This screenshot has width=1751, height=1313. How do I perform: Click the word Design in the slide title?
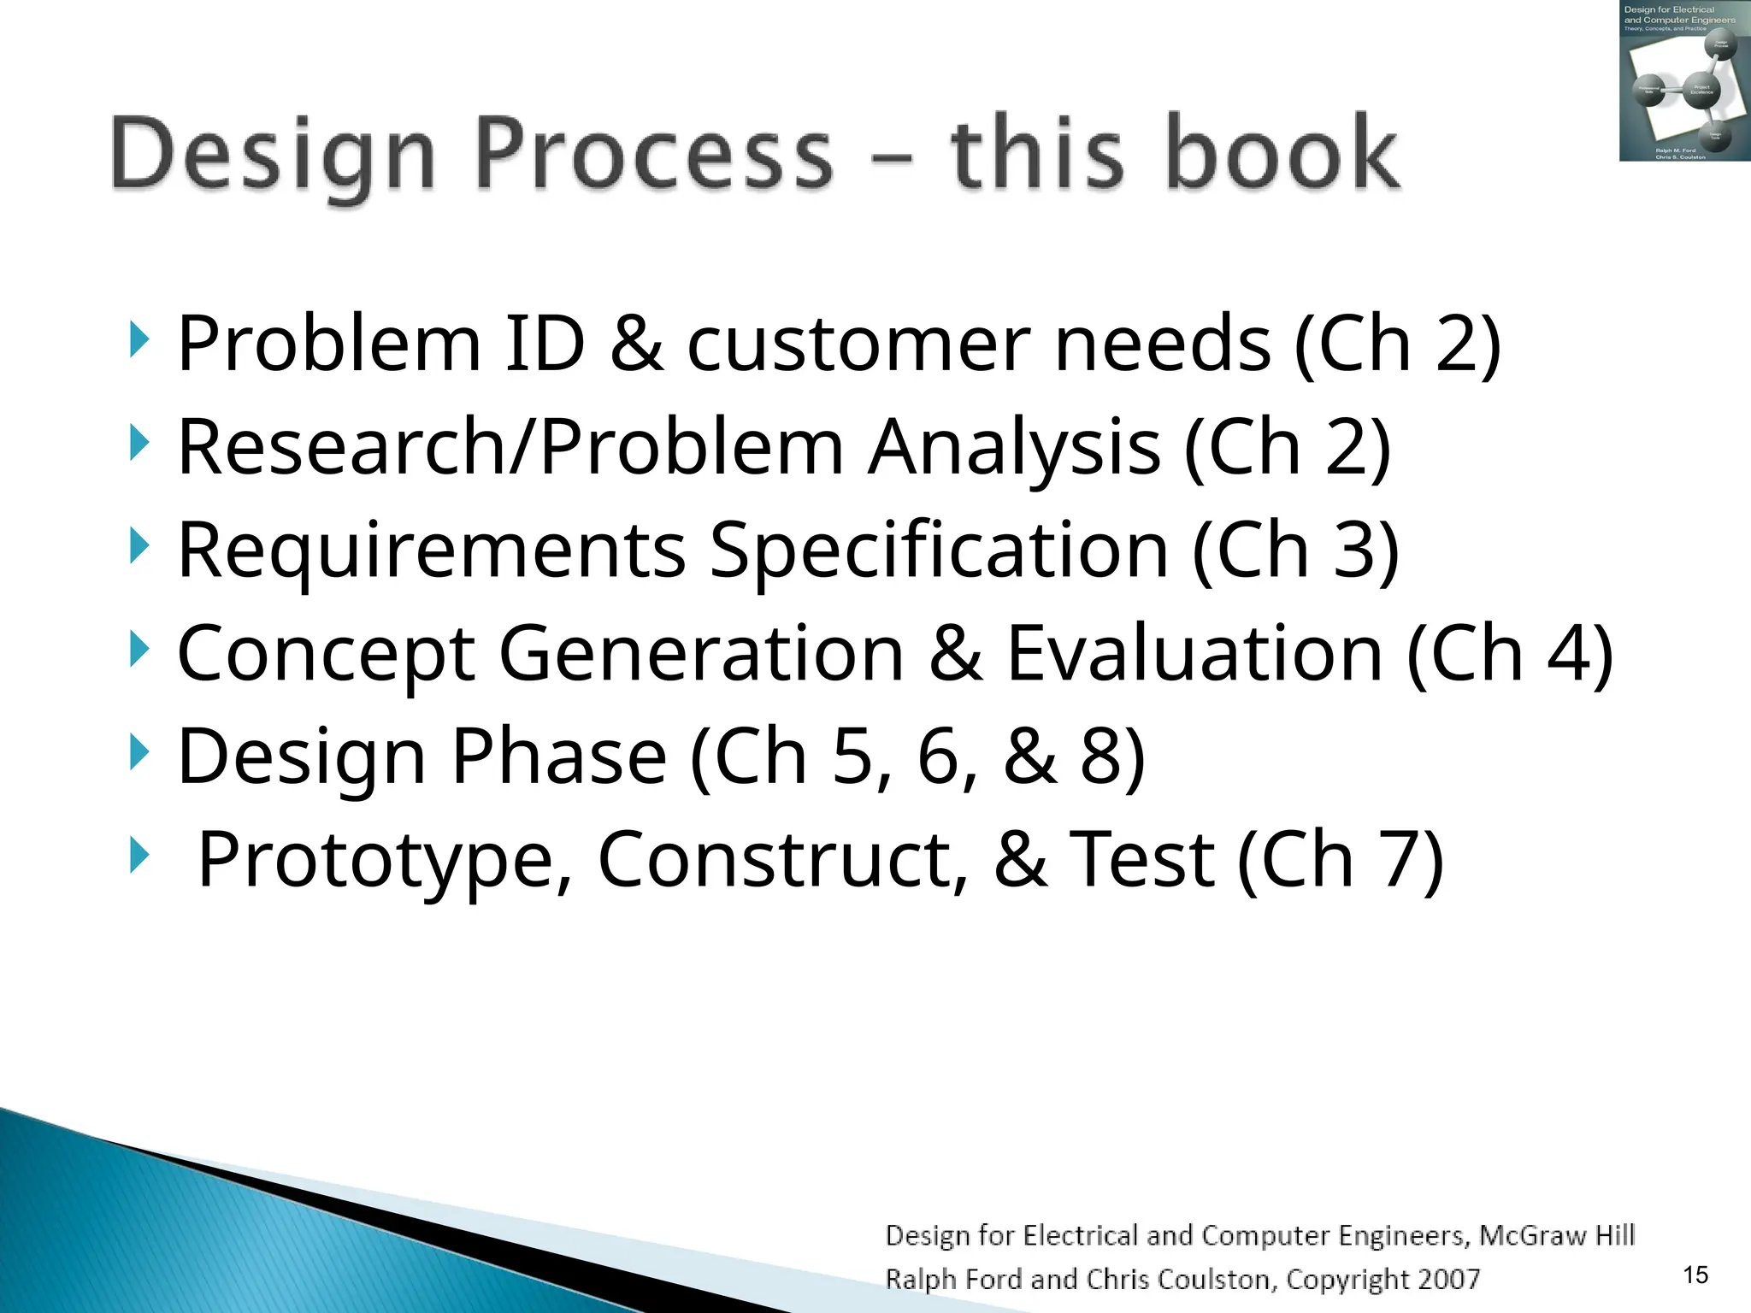(274, 156)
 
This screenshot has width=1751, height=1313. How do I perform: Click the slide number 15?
(1695, 1275)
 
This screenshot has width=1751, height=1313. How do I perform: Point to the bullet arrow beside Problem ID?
(139, 340)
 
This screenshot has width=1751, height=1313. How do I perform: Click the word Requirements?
(431, 551)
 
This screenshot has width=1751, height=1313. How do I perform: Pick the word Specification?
(939, 551)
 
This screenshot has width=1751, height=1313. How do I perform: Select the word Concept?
(326, 654)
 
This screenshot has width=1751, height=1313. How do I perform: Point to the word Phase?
(558, 757)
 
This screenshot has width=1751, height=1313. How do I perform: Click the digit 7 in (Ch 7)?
(1399, 860)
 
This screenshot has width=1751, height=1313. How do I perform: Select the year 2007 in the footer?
(1448, 1279)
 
